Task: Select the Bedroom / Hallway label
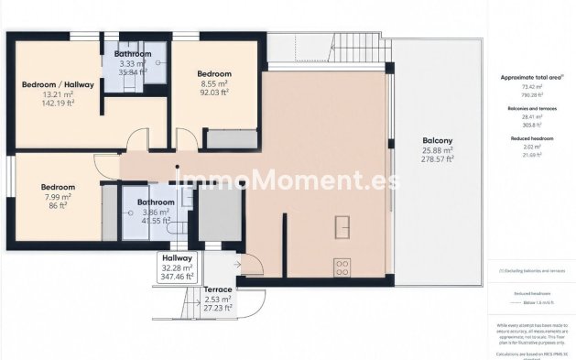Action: coord(58,84)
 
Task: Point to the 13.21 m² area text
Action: coord(58,93)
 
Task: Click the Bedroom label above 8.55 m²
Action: coord(213,73)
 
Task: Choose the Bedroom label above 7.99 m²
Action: coord(58,187)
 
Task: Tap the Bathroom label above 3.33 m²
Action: coord(133,54)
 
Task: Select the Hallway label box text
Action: coord(176,258)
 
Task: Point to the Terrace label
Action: coord(218,289)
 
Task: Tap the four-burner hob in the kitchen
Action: coord(342,267)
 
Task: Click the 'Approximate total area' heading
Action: coord(530,78)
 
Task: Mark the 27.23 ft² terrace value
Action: coord(218,309)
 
